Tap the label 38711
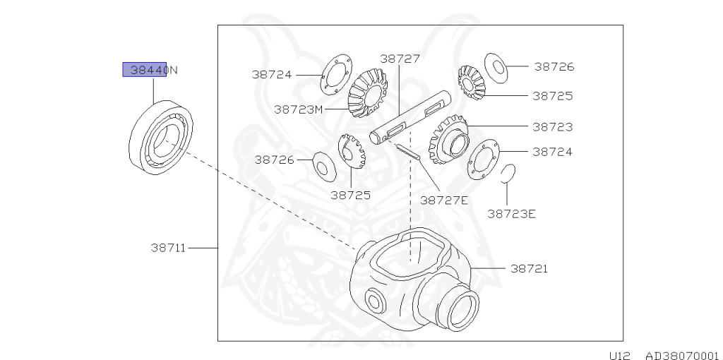[x=167, y=248]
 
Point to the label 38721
[x=530, y=269]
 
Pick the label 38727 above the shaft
[x=400, y=59]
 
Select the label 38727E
[x=443, y=200]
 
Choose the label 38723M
[x=298, y=109]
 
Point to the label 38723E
[x=511, y=213]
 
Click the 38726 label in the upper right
[x=554, y=67]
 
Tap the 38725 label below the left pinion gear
[x=350, y=194]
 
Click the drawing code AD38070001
[x=681, y=355]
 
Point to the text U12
[x=621, y=355]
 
